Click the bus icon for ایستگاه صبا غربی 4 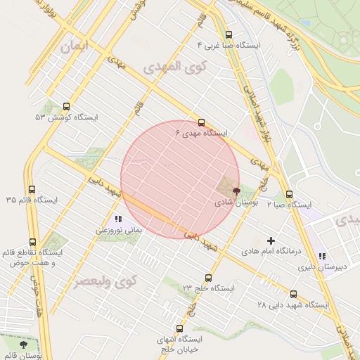click(x=228, y=34)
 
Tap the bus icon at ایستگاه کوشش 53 click(x=66, y=107)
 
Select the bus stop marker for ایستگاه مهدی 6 click(x=201, y=122)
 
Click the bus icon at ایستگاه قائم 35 click(x=32, y=189)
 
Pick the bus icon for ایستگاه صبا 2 click(x=289, y=195)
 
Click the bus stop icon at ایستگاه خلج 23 click(x=207, y=278)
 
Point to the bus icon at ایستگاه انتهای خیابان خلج click(x=179, y=328)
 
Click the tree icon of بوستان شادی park click(x=236, y=191)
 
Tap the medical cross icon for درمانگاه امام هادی click(x=271, y=240)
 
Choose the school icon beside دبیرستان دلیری click(x=322, y=257)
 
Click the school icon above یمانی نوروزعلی click(x=118, y=219)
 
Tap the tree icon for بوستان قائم click(x=24, y=345)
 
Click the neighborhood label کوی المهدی click(x=167, y=68)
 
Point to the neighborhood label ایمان click(x=76, y=48)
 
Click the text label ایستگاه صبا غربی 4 click(x=229, y=45)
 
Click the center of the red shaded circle click(x=180, y=180)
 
